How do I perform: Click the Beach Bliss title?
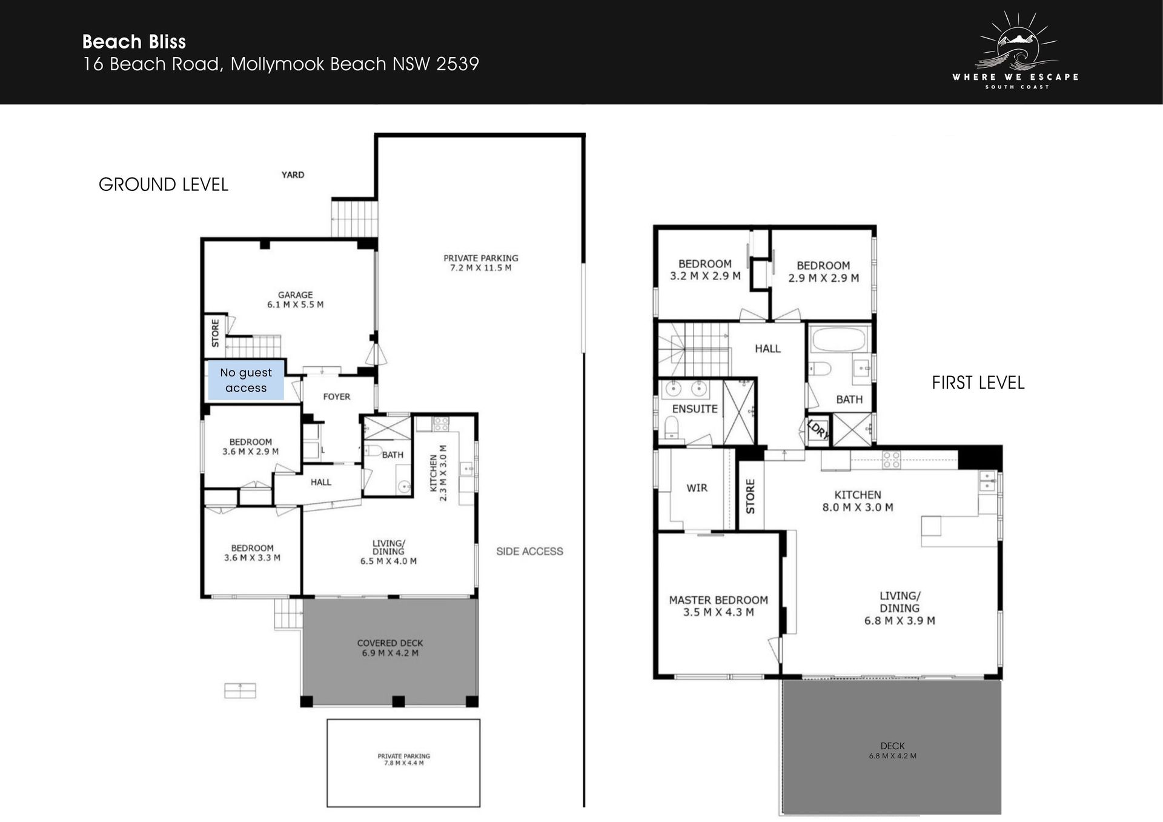coord(134,42)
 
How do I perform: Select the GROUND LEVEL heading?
coord(164,184)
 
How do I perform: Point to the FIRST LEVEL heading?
coord(978,383)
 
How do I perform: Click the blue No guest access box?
coord(246,380)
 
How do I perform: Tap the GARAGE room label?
coord(296,295)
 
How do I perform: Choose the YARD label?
coord(293,175)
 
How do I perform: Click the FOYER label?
coord(337,396)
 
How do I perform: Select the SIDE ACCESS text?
coord(529,551)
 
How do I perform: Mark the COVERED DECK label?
coord(390,643)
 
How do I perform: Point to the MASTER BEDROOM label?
coord(718,600)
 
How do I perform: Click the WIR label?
coord(697,487)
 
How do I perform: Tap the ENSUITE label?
coord(695,409)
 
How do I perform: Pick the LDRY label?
coord(818,429)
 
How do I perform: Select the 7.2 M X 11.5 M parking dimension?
coord(481,267)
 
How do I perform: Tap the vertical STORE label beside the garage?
coord(215,333)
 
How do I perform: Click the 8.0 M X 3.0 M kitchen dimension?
coord(858,507)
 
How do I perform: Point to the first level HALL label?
coord(767,349)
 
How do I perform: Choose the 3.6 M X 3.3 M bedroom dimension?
coord(252,558)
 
